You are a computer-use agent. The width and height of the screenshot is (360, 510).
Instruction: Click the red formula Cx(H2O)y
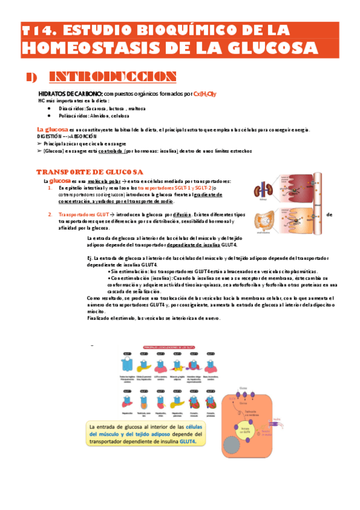[205, 94]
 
